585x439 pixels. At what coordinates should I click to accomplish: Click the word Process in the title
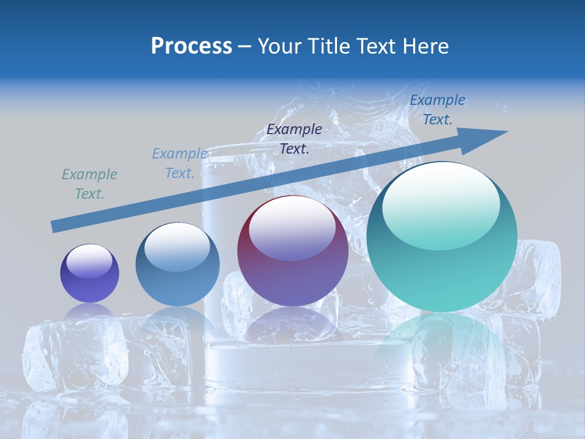point(191,46)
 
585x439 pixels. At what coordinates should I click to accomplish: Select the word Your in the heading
point(280,46)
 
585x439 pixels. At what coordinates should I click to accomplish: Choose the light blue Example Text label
point(180,163)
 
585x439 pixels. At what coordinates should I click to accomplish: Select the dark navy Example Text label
point(294,138)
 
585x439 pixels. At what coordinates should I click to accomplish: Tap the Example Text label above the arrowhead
point(438,109)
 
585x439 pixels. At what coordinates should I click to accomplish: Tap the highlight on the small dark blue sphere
point(90,261)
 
